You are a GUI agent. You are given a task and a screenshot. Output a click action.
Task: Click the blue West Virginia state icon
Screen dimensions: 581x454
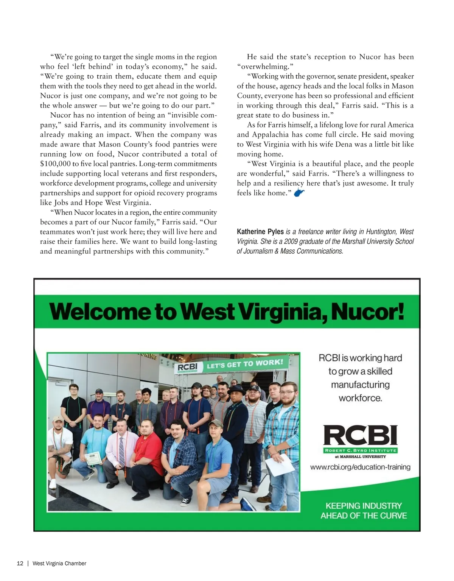tap(299, 193)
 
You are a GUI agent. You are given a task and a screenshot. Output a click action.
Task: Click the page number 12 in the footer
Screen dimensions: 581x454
tap(20, 563)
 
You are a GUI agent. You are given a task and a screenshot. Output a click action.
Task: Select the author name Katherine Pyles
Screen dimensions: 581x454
tap(260, 232)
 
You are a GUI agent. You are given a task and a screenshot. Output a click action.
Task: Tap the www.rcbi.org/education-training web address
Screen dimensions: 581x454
tap(360, 467)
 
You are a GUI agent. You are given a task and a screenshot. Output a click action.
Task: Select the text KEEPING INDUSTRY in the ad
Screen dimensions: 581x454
tap(364, 506)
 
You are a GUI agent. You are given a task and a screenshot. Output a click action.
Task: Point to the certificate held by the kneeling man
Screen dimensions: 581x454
tap(93, 458)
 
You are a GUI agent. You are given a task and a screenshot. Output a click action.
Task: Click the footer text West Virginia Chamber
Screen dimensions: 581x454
tap(59, 563)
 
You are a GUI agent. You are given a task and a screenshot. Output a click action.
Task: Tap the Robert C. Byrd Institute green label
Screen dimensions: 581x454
tap(360, 450)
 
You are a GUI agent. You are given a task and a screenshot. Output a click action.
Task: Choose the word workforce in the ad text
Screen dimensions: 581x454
tap(360, 398)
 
